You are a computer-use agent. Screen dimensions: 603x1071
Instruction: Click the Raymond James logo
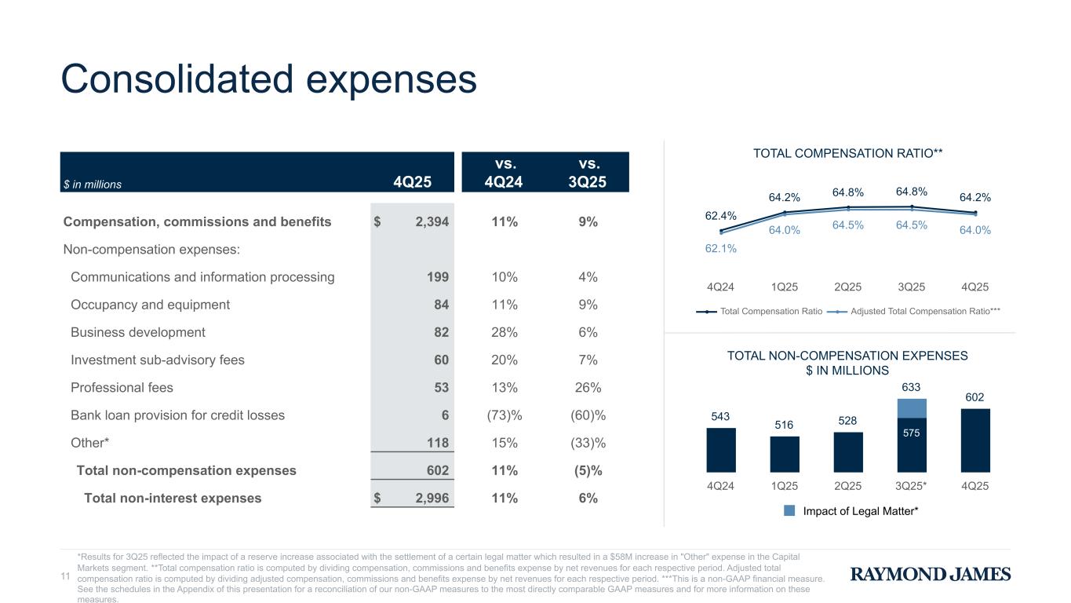(x=931, y=575)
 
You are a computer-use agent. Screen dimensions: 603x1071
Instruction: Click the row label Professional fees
(x=122, y=388)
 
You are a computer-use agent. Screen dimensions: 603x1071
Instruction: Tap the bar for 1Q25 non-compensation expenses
(x=785, y=454)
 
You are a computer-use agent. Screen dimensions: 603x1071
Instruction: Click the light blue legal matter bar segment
(x=911, y=408)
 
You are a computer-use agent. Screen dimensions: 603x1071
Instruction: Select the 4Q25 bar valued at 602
(x=974, y=440)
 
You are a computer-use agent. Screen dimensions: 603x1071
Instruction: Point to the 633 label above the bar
(x=911, y=387)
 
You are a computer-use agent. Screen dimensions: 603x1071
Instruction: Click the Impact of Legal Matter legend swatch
(x=789, y=511)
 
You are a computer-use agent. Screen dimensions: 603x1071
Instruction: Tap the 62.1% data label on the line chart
(x=721, y=248)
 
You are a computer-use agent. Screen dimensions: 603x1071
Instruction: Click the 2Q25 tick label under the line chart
(x=847, y=287)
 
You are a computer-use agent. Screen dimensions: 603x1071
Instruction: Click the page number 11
(x=66, y=576)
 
